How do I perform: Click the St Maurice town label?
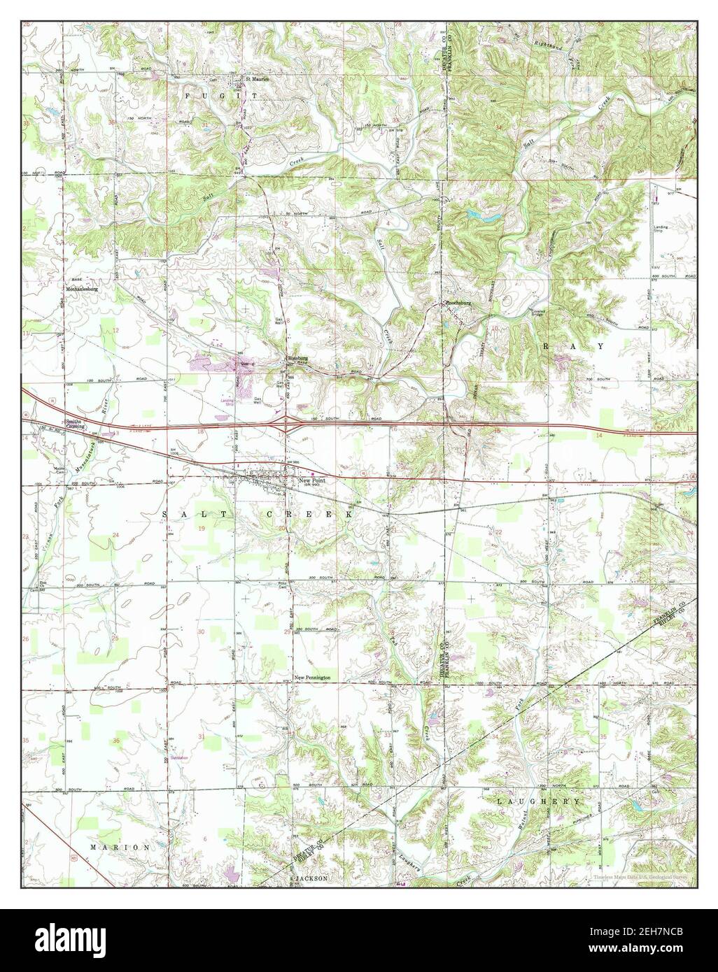tap(255, 78)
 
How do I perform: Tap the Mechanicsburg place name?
tap(80, 287)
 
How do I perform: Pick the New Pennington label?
tap(312, 678)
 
